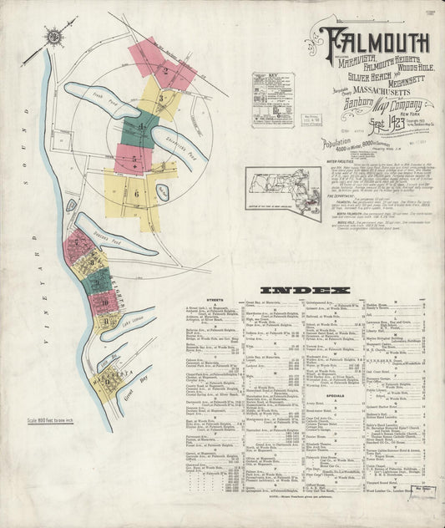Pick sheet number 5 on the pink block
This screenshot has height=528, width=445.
point(134,158)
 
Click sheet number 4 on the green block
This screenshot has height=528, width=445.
point(143,128)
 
